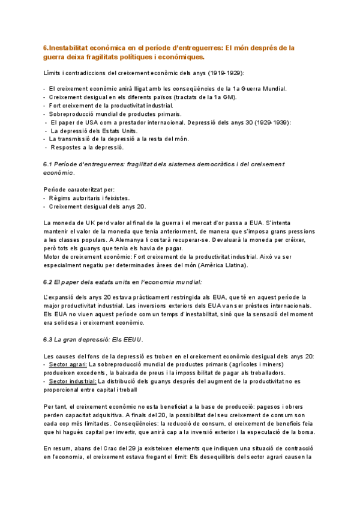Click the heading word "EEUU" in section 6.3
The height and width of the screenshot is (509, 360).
pyautogui.click(x=131, y=339)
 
